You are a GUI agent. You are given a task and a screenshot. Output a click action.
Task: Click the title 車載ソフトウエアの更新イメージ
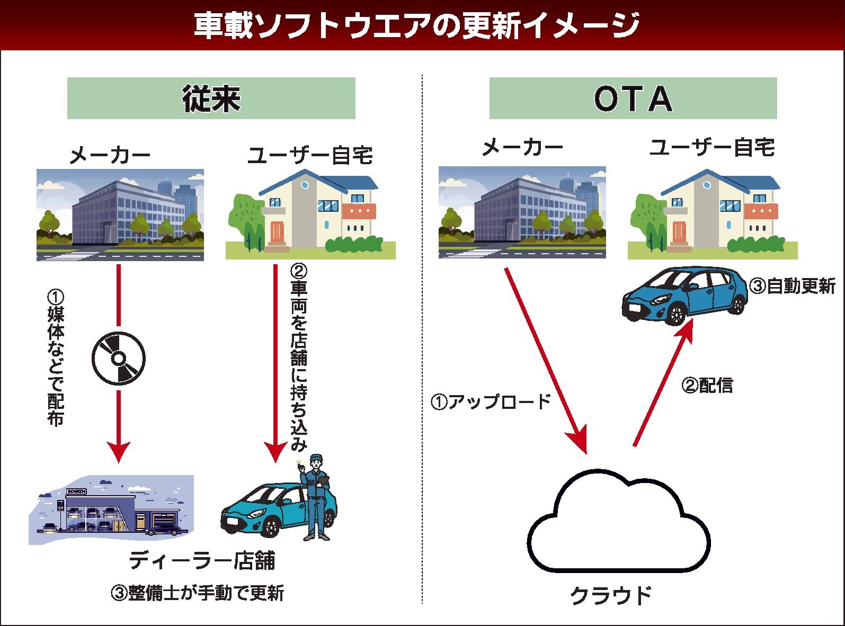416,25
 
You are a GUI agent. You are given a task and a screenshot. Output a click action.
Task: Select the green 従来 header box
211,99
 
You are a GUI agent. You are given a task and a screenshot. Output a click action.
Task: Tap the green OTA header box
633,99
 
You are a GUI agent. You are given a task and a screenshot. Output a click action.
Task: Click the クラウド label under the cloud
610,595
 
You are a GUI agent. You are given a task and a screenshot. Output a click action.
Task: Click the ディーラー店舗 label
202,560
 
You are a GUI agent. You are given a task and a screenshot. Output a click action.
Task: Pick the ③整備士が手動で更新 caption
197,593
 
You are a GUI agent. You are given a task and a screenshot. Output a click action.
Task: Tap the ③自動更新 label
791,287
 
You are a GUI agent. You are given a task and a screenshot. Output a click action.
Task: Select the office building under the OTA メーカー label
522,212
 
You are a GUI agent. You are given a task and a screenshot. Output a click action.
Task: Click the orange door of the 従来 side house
277,233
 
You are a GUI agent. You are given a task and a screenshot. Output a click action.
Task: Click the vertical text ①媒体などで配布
55,357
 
